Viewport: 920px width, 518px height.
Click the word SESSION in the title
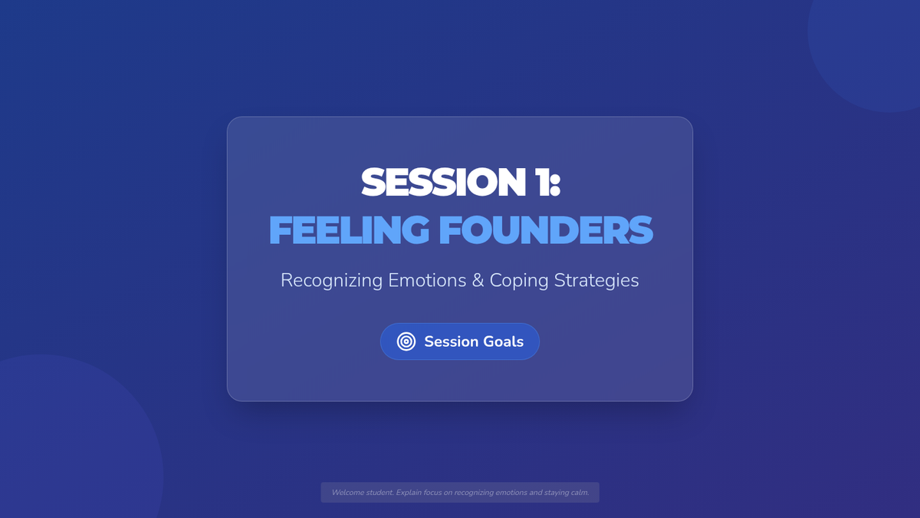444,182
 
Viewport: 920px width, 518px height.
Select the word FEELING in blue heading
349,230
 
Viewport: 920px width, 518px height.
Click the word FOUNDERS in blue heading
546,230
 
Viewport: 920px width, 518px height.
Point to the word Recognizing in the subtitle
332,281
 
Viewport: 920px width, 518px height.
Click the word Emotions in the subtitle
427,280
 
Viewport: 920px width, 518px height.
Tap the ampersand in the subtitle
478,280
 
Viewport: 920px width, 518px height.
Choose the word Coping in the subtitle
519,281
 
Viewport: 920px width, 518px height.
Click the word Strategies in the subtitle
596,281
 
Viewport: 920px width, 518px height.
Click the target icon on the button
406,341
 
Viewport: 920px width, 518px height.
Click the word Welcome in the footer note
347,493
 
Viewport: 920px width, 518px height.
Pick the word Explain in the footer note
408,493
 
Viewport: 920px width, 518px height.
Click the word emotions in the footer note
511,493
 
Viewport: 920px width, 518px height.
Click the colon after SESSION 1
555,186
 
